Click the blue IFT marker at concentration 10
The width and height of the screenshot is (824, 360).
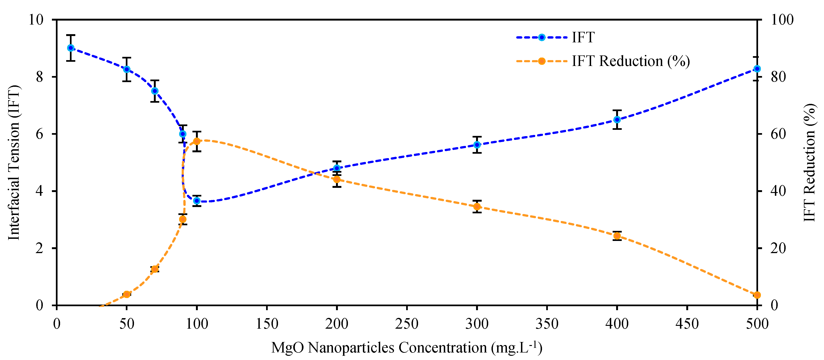point(71,48)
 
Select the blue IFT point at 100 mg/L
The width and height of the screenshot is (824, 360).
point(197,201)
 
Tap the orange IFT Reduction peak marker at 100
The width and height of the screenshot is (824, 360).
point(197,141)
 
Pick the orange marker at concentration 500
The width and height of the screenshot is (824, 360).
point(757,295)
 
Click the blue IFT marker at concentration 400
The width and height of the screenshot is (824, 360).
point(617,120)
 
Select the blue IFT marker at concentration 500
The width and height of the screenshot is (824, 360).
point(757,69)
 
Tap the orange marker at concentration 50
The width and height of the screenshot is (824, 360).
point(127,294)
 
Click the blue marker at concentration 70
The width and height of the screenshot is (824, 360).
point(155,91)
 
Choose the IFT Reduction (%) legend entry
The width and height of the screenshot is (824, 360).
point(630,61)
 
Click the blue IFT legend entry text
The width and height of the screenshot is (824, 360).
point(583,37)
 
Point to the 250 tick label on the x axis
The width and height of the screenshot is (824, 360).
point(407,324)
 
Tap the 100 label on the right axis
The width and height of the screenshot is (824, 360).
point(782,20)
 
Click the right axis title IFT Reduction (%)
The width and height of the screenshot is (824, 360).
point(809,163)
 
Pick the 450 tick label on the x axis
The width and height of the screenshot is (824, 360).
point(687,324)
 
